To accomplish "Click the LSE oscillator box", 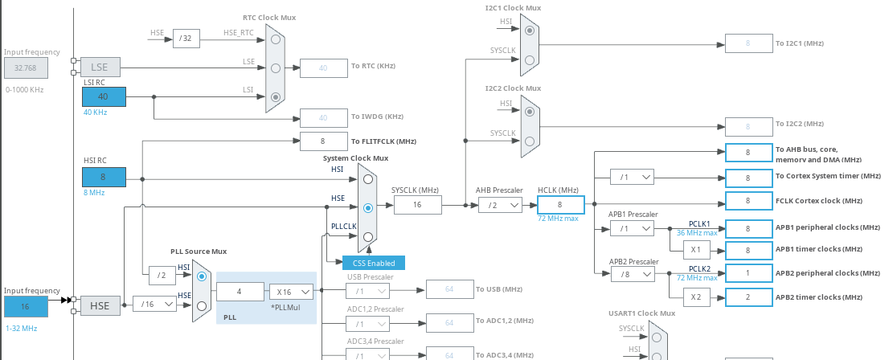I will click(x=100, y=67).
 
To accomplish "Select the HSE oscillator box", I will click(x=100, y=305).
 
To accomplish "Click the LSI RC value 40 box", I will click(x=104, y=96).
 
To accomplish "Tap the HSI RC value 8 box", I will click(x=104, y=177).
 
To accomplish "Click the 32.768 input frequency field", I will click(x=26, y=67).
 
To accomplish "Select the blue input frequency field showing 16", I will click(x=26, y=306).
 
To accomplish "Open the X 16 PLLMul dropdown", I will click(x=290, y=292).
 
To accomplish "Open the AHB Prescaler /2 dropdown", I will click(x=498, y=206).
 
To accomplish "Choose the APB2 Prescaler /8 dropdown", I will click(x=632, y=274).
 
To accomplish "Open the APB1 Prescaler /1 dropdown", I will click(x=632, y=228).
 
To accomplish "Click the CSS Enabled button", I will click(x=374, y=263).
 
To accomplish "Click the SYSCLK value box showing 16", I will click(x=417, y=205).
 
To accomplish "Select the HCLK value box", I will click(x=560, y=205).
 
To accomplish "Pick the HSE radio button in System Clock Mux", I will click(x=367, y=207).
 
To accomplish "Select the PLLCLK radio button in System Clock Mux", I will click(x=367, y=236).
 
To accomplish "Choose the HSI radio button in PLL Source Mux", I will click(x=201, y=276).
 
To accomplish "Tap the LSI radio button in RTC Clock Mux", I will click(x=275, y=97).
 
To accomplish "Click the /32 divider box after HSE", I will click(x=186, y=38).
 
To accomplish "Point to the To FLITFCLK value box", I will click(x=323, y=141).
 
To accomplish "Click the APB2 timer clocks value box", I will click(x=748, y=297).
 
